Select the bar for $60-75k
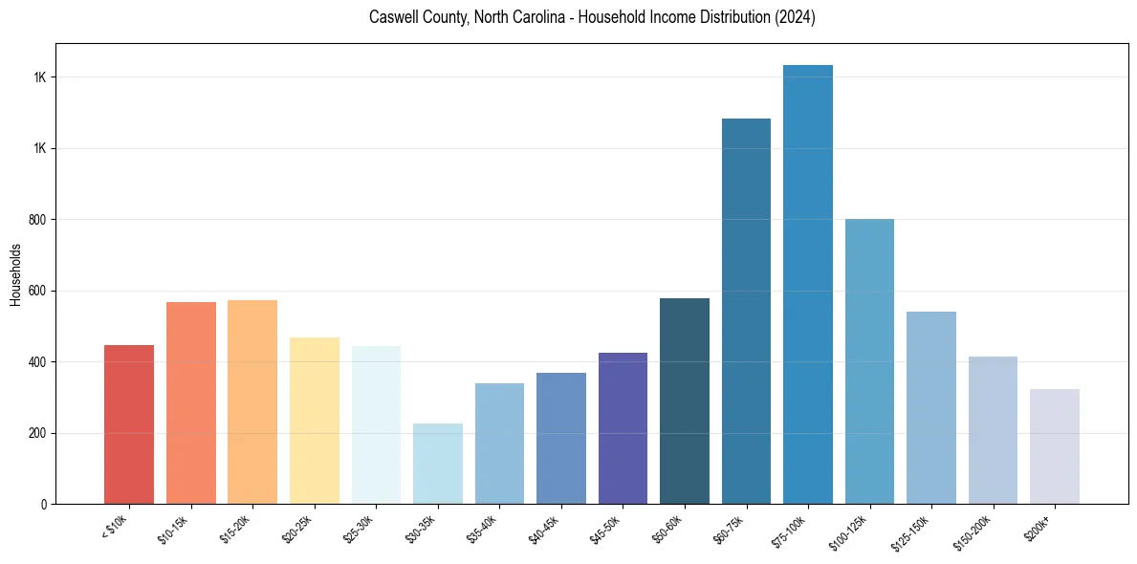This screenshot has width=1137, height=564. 746,312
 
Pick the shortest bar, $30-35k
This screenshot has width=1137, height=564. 438,464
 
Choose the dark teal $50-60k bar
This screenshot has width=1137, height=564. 685,401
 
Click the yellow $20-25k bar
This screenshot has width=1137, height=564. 315,421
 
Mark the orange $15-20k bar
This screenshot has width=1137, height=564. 252,402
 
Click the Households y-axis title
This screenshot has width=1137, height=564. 15,274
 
